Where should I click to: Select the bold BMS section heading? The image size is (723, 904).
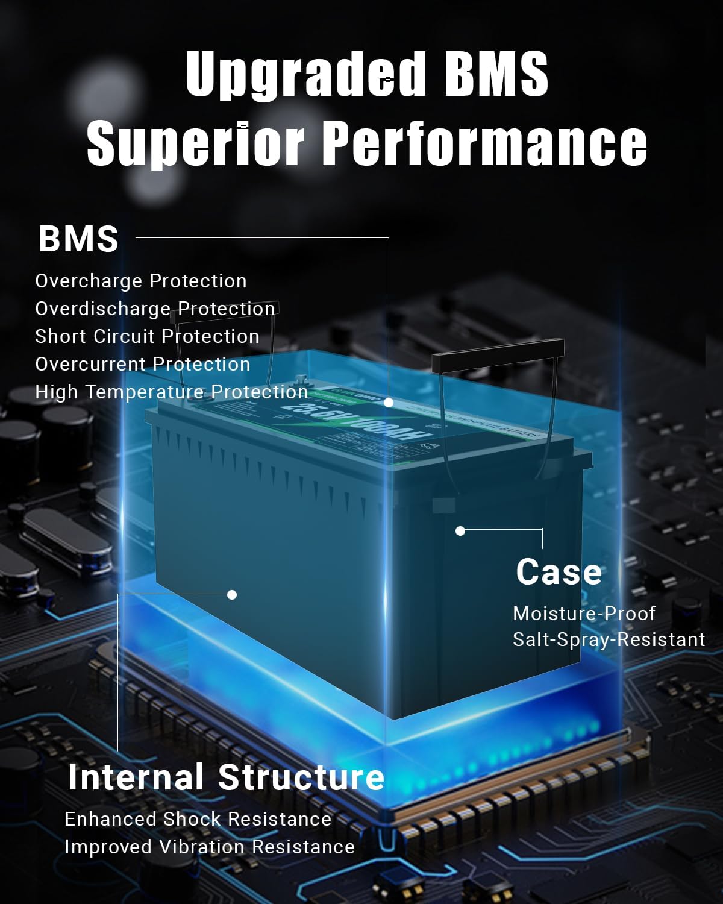[x=78, y=239]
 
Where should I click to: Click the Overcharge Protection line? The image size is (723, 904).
[x=141, y=281]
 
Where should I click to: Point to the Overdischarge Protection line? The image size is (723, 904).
[x=155, y=309]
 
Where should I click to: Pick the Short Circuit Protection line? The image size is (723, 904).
[x=147, y=336]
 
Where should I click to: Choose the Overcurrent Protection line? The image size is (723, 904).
[x=143, y=364]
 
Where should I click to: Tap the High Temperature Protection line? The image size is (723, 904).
[x=172, y=392]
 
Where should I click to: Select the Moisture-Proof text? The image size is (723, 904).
[x=584, y=614]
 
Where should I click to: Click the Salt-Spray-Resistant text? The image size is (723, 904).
[x=609, y=639]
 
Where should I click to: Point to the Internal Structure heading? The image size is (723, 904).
[x=226, y=777]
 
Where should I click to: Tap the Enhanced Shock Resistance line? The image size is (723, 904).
[x=198, y=819]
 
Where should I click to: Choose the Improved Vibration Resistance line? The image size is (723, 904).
[x=210, y=847]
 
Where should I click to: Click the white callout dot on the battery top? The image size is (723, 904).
[x=389, y=402]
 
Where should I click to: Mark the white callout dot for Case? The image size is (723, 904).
[x=460, y=531]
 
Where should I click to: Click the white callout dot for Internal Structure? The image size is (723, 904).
[x=232, y=595]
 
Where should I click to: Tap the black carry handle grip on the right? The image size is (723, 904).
[x=498, y=354]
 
